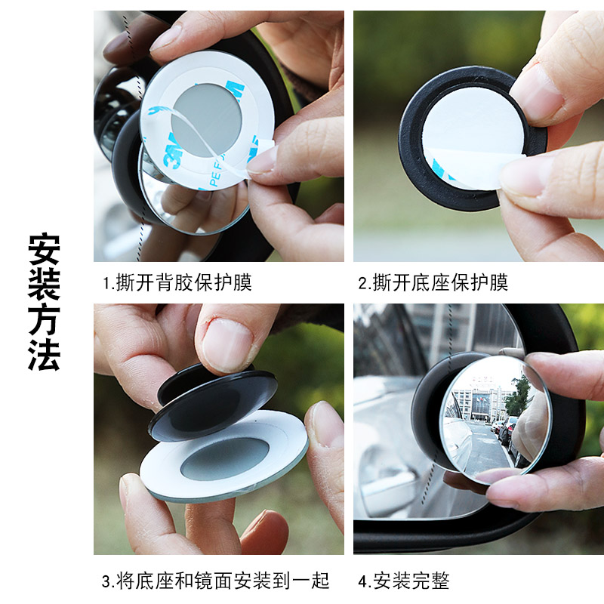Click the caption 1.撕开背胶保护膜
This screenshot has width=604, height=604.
177,283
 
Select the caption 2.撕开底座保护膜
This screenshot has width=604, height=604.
433,283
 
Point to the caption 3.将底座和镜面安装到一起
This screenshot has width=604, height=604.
215,581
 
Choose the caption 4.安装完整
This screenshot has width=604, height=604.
403,581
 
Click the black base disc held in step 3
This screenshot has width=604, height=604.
211,404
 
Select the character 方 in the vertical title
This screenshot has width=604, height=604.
44,319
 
